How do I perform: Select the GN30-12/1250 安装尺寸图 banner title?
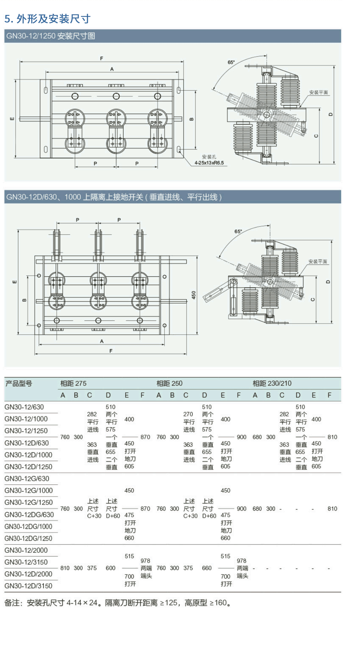point(51,36)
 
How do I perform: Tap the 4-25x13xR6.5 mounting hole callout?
point(209,163)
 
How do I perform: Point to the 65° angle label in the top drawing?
point(231,62)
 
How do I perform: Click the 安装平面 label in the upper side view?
point(318,92)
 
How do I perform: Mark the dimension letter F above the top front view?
point(101,58)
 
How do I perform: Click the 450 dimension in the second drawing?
point(193,295)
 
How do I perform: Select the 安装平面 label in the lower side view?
point(318,261)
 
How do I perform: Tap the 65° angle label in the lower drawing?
point(238,231)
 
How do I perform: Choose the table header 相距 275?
point(73,383)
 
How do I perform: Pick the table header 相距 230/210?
point(272,383)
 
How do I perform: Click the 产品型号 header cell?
point(19,384)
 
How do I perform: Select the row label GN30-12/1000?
point(26,419)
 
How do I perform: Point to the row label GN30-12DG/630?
point(29,514)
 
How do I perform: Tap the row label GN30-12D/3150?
point(29,586)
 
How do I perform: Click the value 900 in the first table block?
point(241,437)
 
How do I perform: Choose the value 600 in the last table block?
point(110,568)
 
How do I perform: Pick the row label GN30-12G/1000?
point(29,490)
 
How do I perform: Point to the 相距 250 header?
point(169,383)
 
